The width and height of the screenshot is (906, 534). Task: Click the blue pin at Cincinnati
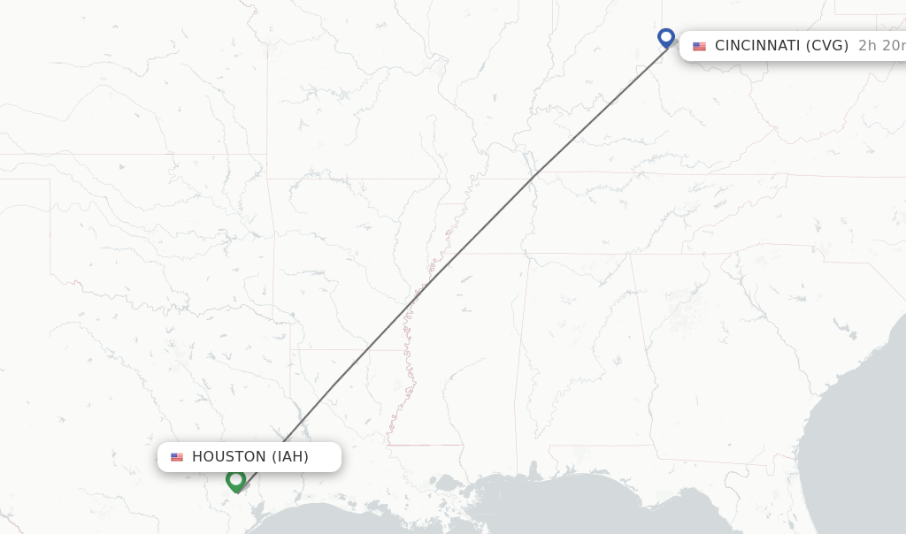tap(666, 38)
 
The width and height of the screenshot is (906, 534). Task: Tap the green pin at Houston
tap(235, 480)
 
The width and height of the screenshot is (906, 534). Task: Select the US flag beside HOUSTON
tap(177, 457)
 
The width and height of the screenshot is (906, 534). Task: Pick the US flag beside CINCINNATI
tap(699, 46)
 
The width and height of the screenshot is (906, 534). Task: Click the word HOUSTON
tap(228, 457)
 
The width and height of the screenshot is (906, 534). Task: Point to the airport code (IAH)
tap(289, 457)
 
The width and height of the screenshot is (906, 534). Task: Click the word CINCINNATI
tap(757, 46)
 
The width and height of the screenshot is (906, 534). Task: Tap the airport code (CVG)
tap(826, 46)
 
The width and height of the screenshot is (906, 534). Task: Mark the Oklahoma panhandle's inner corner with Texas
tap(50, 179)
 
